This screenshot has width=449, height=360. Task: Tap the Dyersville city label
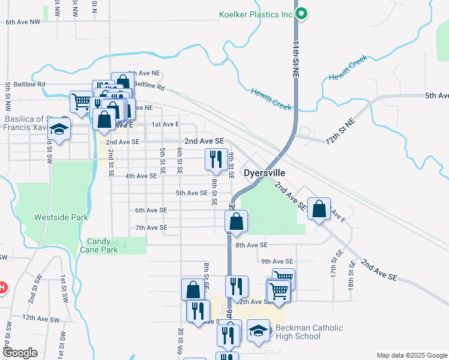coord(268,173)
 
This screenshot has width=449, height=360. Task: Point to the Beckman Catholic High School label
coord(309,332)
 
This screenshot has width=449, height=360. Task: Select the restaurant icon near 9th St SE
coord(216,159)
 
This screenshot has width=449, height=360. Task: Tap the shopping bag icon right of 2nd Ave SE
coord(319,209)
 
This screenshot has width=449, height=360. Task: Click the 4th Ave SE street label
coord(141,176)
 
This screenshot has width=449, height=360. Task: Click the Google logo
coord(20,353)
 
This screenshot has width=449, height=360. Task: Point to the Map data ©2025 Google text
coord(411,355)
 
